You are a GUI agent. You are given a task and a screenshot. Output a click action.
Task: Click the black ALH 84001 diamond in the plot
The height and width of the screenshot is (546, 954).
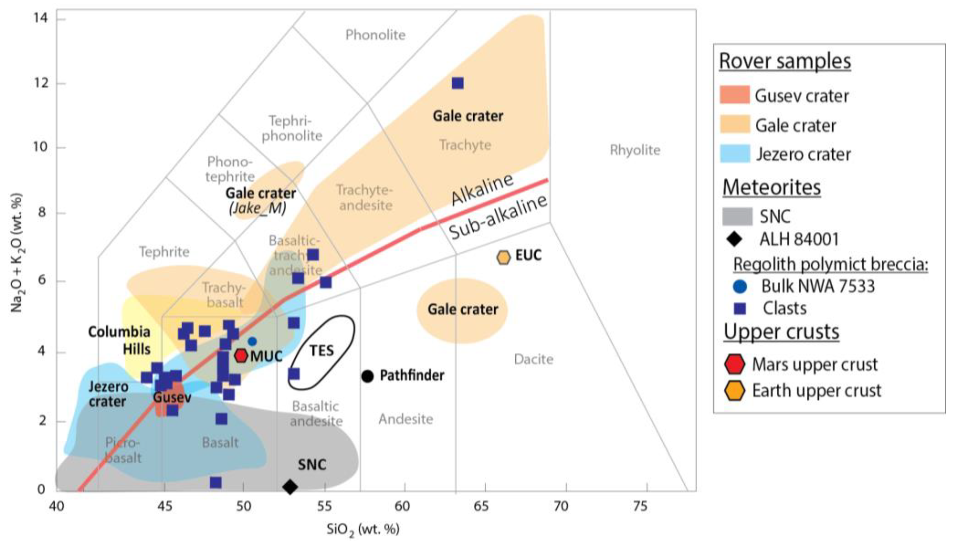tap(290, 487)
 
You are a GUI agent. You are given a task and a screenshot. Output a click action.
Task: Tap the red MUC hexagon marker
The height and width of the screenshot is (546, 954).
tap(241, 355)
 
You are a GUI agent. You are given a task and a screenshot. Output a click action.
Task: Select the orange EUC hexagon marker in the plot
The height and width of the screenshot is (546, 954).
tap(503, 257)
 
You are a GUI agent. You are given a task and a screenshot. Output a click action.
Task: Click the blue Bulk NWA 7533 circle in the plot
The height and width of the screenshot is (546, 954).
tap(252, 341)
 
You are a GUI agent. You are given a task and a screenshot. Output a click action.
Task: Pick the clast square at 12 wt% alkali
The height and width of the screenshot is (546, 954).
tap(458, 83)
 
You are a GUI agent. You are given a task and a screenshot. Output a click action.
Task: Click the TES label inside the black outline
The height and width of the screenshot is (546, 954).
tap(322, 351)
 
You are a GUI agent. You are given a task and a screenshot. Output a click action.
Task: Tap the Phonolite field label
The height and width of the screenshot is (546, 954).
tap(375, 35)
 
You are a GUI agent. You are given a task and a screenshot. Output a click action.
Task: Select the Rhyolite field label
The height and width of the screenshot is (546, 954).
tap(635, 150)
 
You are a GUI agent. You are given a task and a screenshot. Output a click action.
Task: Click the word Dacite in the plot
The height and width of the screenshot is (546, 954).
tap(534, 359)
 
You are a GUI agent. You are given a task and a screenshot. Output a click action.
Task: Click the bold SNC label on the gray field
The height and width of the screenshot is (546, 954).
tap(312, 465)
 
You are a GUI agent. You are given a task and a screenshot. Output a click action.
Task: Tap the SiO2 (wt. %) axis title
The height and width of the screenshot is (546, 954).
tap(363, 529)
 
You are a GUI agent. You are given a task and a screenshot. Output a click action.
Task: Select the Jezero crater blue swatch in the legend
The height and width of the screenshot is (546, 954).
tap(735, 154)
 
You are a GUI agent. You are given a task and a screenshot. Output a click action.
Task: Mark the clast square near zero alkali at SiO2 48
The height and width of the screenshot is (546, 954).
tap(215, 483)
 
